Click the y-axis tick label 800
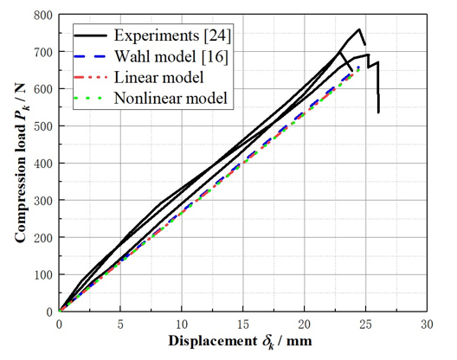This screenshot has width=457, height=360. click(41, 16)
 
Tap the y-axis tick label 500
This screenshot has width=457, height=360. click(41, 126)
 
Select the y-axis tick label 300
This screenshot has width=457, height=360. click(41, 200)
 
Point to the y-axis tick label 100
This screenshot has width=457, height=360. click(41, 273)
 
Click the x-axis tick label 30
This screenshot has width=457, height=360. click(426, 324)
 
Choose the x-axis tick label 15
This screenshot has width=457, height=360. click(242, 324)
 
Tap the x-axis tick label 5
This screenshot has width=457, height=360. click(120, 324)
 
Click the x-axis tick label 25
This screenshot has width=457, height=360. click(364, 324)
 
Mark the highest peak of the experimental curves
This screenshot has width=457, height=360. click(358, 29)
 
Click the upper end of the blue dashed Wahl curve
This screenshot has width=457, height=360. click(358, 66)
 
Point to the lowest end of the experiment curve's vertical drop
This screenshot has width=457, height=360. click(378, 112)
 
